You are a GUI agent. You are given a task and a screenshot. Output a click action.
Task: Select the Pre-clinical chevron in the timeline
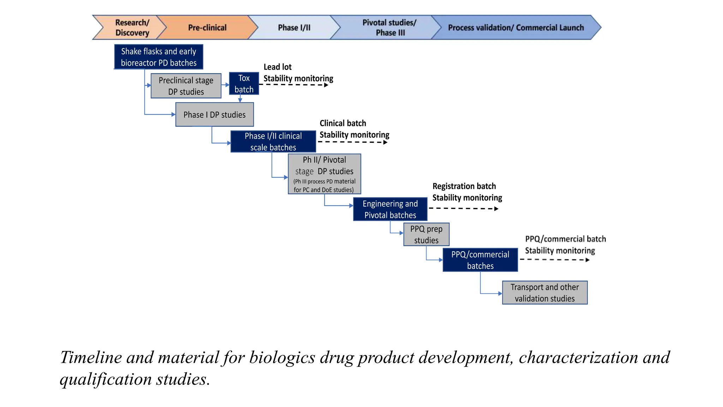[x=207, y=28]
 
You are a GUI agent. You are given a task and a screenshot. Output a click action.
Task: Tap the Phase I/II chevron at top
[x=294, y=28]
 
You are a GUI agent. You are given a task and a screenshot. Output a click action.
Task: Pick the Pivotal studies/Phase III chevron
[x=389, y=28]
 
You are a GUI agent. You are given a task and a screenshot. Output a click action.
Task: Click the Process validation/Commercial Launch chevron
[x=515, y=28]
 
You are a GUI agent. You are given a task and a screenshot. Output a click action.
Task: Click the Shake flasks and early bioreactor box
[x=159, y=57]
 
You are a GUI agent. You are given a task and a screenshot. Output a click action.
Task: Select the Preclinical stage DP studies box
[x=186, y=86]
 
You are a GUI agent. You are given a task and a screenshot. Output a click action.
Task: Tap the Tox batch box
[x=244, y=84]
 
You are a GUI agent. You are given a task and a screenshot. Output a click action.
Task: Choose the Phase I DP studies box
[x=214, y=114]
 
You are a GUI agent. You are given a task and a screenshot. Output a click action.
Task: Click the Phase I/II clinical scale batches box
[x=273, y=141]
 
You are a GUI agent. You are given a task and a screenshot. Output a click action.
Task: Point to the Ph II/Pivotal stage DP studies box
[x=324, y=174]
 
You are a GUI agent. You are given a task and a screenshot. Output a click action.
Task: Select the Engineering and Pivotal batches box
[x=390, y=209]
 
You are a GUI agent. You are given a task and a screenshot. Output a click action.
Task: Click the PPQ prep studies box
[x=426, y=234]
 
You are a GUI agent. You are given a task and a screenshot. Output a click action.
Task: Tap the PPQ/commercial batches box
[x=480, y=260]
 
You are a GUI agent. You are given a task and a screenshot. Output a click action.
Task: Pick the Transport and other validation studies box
[x=544, y=293]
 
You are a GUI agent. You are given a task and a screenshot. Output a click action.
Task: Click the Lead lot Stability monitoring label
[x=298, y=73]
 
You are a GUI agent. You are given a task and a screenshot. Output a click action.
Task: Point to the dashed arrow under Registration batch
[x=463, y=208]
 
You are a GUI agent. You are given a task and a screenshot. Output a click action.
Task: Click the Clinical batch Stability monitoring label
[x=354, y=129]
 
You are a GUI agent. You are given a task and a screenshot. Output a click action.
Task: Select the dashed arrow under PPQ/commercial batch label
[x=554, y=260]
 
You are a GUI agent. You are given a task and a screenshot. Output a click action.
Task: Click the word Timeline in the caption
[x=91, y=357]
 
